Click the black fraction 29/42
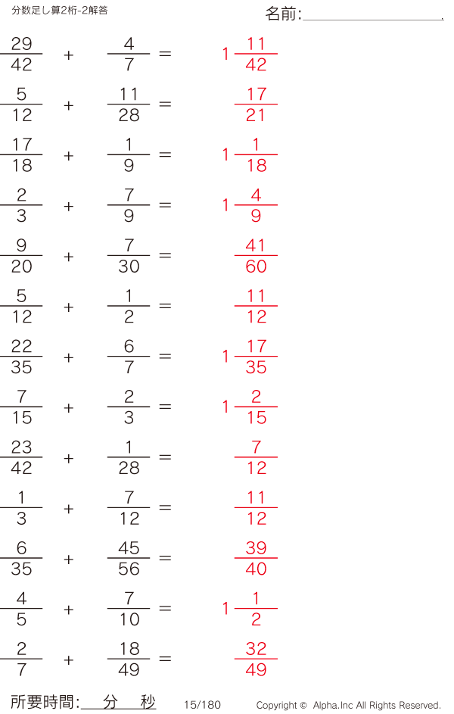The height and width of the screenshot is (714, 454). [21, 54]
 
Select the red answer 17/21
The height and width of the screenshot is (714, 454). [256, 104]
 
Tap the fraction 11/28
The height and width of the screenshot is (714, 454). [129, 104]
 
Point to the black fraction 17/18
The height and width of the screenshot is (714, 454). [21, 154]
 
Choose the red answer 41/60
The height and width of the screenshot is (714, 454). [256, 256]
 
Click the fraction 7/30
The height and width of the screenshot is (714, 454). [129, 256]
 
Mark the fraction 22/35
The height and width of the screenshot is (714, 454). [21, 357]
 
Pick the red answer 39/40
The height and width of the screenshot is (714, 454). [256, 559]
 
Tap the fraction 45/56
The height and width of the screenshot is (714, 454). [129, 559]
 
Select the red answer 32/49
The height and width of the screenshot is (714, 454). [256, 659]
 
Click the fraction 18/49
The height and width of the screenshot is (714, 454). [129, 659]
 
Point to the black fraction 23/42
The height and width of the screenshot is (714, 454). [21, 457]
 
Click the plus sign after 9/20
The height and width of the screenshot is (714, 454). [69, 257]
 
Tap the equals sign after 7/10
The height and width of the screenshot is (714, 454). [165, 609]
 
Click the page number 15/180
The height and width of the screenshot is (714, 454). [202, 705]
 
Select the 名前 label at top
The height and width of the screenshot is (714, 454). [283, 14]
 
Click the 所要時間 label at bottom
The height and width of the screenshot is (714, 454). [45, 703]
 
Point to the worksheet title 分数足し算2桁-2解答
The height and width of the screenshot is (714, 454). [60, 10]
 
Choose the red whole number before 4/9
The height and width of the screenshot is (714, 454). [225, 205]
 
